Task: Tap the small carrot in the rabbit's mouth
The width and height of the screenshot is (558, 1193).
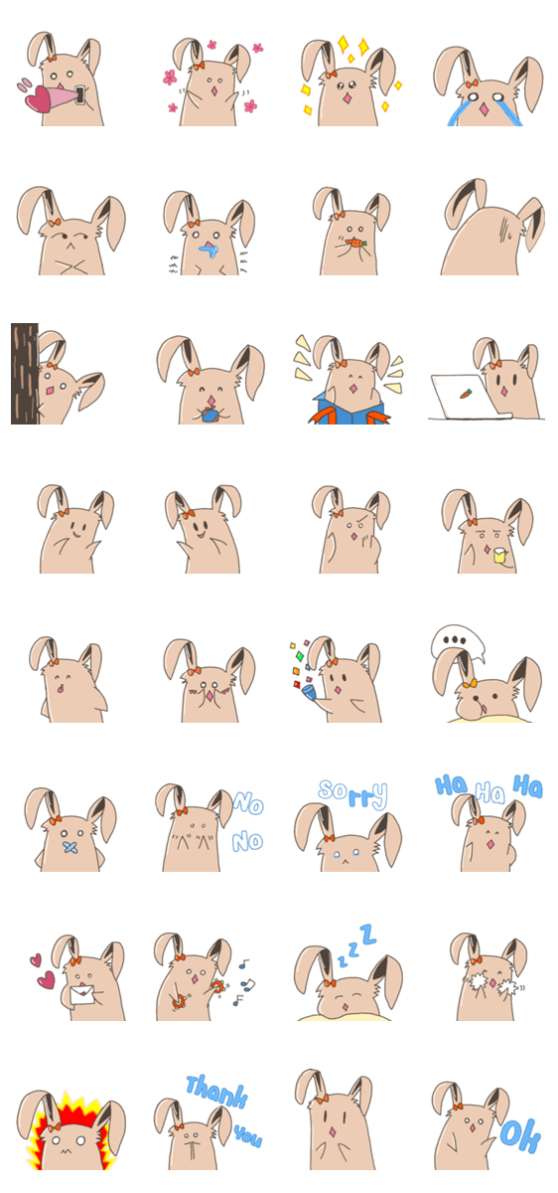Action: [x=355, y=243]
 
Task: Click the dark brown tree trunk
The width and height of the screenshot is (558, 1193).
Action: [x=25, y=374]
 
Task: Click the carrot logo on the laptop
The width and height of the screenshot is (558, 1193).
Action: [x=465, y=394]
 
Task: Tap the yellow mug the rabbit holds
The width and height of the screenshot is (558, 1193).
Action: [x=499, y=555]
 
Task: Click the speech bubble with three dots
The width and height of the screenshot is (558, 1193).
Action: [x=457, y=642]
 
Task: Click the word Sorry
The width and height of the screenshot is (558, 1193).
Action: [x=353, y=794]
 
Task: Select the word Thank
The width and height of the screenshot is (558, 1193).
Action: [x=216, y=1092]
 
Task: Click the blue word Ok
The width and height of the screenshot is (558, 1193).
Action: [x=520, y=1136]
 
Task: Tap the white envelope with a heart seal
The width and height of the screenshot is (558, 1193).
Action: [x=82, y=995]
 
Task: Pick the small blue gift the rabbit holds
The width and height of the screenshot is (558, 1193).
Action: [x=210, y=415]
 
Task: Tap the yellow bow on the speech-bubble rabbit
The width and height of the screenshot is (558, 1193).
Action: [x=470, y=684]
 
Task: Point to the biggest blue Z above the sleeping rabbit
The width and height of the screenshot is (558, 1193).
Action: [x=368, y=935]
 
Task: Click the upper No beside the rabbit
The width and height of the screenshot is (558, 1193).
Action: [x=248, y=802]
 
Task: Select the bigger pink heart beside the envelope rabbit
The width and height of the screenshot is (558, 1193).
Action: [x=46, y=979]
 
